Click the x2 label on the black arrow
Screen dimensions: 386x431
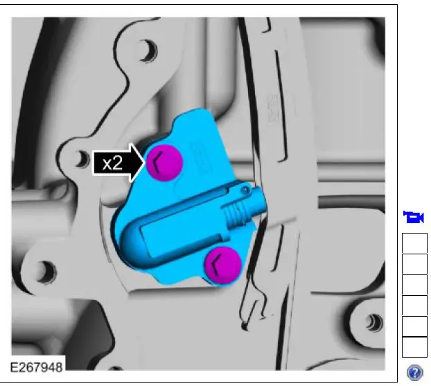pos(112,164)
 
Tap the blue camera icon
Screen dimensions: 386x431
pos(414,218)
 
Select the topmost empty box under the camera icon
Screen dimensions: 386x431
pos(414,243)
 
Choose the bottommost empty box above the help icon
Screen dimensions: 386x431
pos(414,347)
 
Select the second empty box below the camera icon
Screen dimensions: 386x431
pos(414,264)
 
